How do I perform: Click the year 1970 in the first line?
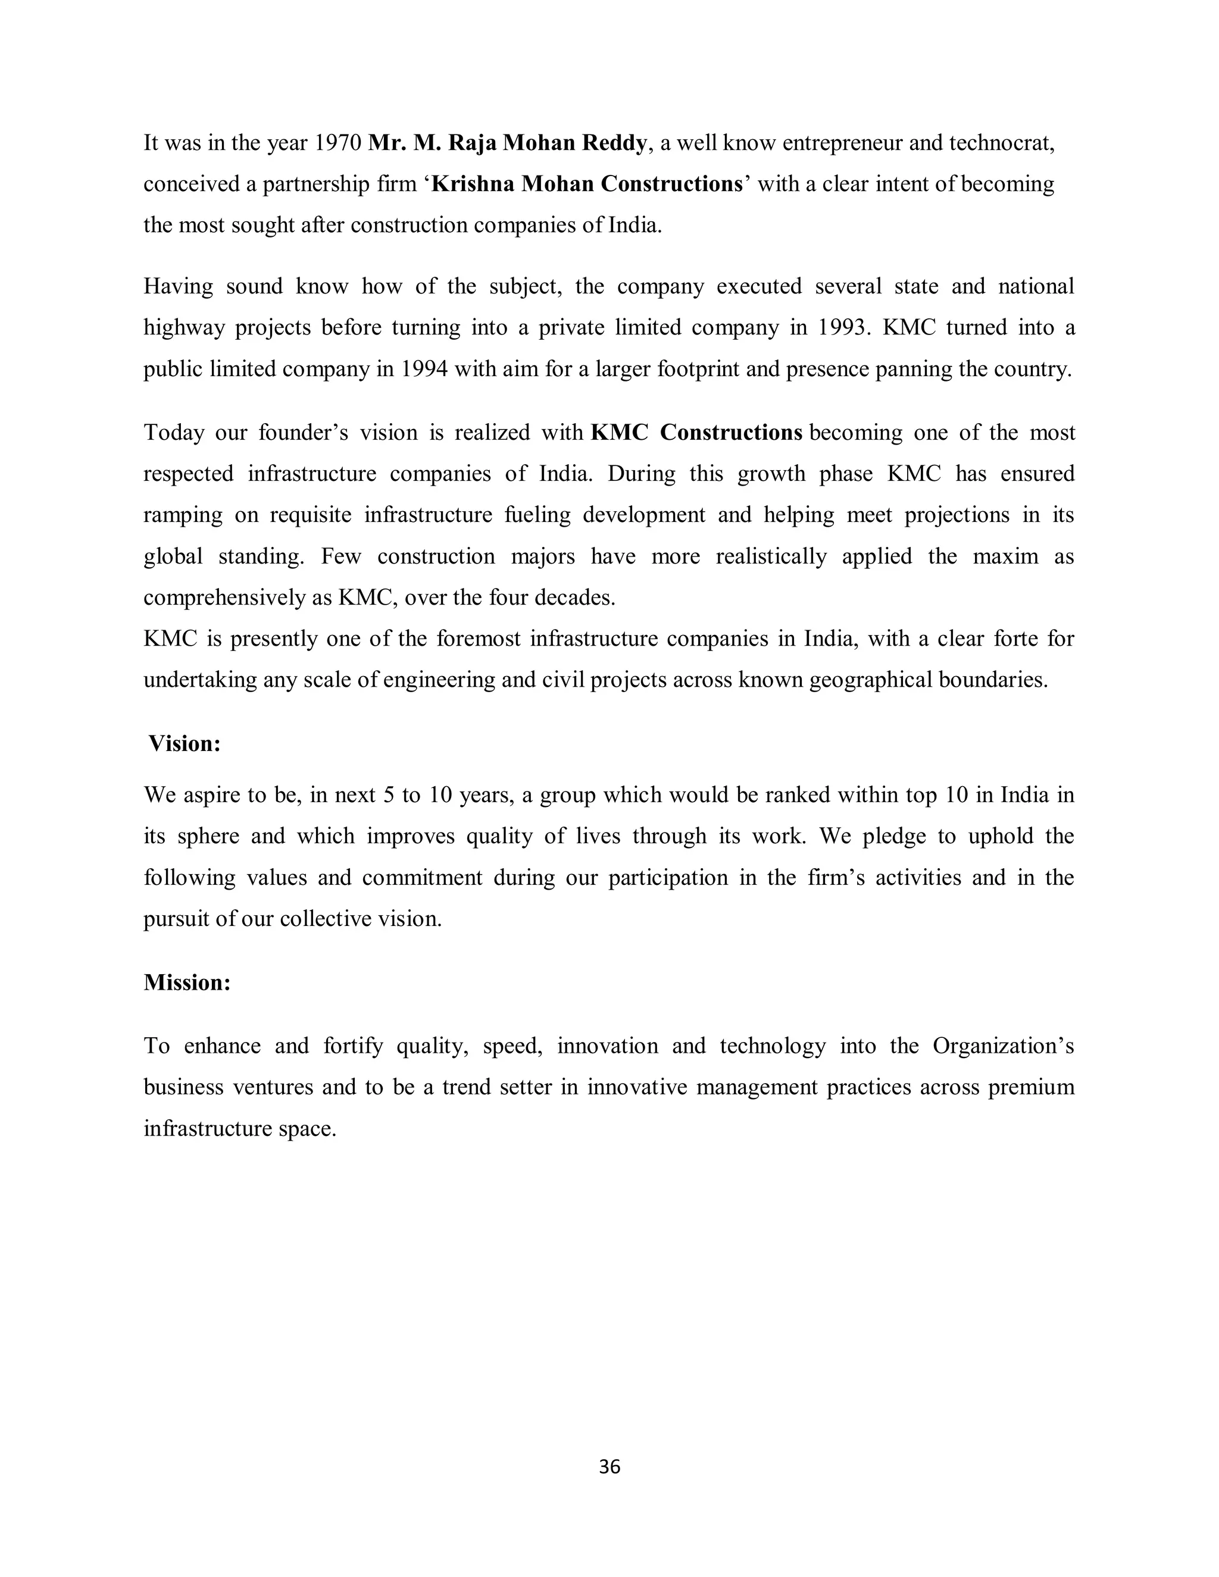338,143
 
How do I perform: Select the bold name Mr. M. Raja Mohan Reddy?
507,143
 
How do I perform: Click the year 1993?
841,328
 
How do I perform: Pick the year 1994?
424,369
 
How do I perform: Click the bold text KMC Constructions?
696,433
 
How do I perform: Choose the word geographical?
870,680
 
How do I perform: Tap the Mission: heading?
187,982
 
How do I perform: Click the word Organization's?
1003,1046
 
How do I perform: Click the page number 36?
609,1466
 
